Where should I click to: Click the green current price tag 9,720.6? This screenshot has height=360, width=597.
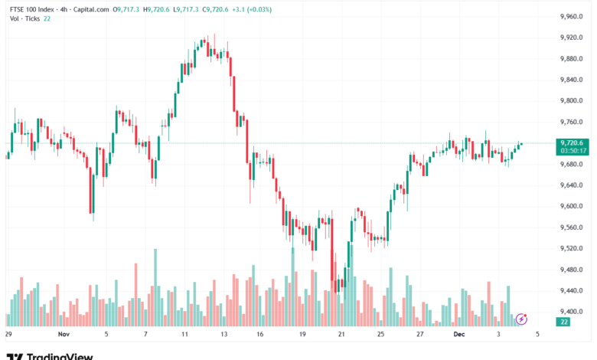click(572, 142)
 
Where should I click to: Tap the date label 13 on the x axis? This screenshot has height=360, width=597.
click(223, 334)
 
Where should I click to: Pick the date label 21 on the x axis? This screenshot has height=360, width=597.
click(341, 334)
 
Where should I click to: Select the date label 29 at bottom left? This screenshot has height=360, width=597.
click(8, 334)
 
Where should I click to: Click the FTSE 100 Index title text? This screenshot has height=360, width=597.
click(34, 10)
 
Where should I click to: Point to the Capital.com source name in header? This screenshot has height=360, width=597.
click(89, 10)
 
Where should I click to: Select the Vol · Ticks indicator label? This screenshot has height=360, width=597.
click(24, 18)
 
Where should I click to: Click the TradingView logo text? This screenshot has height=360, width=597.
click(55, 355)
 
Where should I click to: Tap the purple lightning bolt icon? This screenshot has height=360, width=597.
click(522, 318)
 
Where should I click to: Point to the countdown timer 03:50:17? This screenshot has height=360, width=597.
click(573, 151)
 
